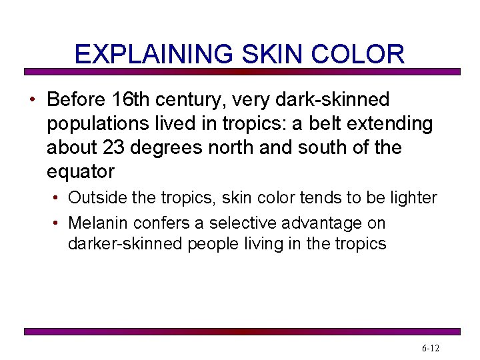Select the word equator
point(81,172)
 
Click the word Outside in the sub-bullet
point(95,198)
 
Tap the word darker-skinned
point(125,244)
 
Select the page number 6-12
point(430,349)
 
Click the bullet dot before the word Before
point(32,101)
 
